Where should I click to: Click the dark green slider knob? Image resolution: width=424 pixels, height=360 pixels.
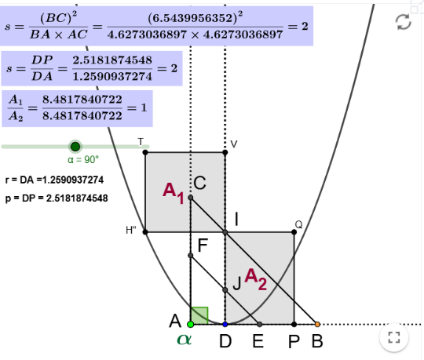tap(75, 147)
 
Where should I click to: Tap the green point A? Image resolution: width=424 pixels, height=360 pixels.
tap(191, 324)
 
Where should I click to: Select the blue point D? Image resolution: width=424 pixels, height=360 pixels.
tap(225, 324)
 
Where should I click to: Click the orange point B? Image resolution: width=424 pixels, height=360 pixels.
tap(317, 324)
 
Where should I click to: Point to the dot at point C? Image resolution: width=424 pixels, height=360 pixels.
tap(191, 198)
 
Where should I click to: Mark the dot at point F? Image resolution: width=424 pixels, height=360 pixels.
tap(191, 256)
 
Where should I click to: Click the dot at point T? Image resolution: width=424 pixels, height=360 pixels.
tap(145, 153)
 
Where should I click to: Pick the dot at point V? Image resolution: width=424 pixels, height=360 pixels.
tap(225, 153)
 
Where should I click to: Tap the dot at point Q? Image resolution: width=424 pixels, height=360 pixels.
tap(294, 232)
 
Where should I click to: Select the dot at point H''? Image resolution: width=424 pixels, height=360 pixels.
tap(145, 232)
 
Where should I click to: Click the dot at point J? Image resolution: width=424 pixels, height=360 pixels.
tap(225, 290)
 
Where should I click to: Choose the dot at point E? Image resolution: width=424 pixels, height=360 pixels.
tap(260, 324)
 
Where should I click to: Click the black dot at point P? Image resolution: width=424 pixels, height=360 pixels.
tap(294, 324)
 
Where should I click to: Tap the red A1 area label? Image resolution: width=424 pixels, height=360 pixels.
tap(174, 193)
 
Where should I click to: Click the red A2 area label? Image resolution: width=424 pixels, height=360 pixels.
tap(256, 279)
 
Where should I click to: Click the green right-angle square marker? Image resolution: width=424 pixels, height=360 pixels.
tap(199, 315)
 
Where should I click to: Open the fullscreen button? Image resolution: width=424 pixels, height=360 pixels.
tap(394, 337)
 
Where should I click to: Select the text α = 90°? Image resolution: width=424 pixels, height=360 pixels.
tap(83, 160)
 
